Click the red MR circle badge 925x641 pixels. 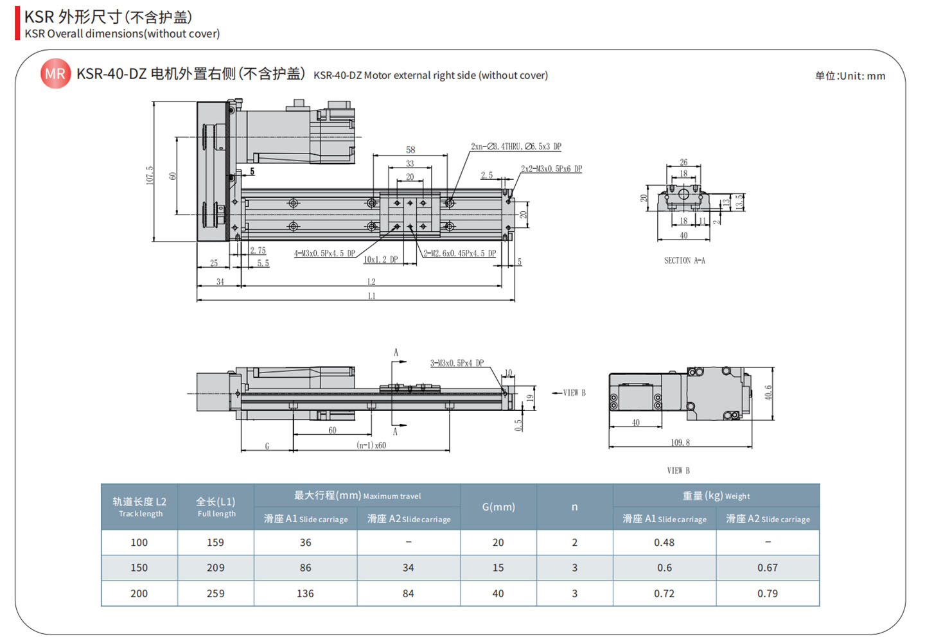[55, 74]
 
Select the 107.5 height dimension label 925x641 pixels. [150, 175]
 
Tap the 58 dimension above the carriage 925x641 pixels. [410, 150]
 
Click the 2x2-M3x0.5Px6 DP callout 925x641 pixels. [551, 169]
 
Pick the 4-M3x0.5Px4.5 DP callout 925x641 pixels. [324, 253]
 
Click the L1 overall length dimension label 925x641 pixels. [372, 296]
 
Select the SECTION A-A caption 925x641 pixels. [684, 260]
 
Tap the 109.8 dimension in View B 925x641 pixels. [680, 443]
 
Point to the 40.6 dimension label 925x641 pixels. [768, 392]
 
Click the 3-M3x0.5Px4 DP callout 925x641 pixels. [457, 363]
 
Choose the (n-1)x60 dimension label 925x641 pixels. [371, 445]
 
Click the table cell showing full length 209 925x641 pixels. [215, 568]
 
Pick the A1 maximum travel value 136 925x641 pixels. [305, 593]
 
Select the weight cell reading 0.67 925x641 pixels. [767, 568]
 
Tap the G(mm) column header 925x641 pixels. [498, 507]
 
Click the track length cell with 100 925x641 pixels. [139, 542]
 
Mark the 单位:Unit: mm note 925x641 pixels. [850, 76]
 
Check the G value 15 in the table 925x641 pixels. [498, 568]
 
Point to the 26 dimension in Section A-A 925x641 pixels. [683, 162]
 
